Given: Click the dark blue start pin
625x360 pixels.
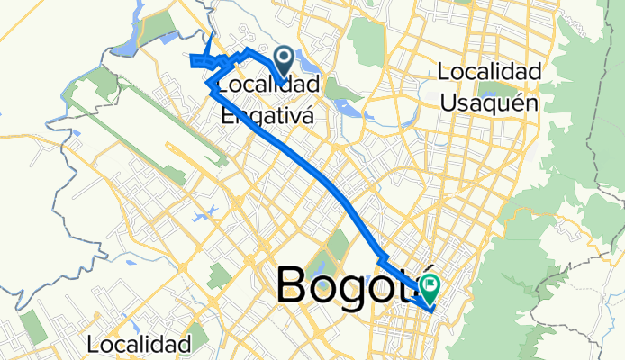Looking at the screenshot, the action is coord(283,61).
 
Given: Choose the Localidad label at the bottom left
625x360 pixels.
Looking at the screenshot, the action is coord(140,344).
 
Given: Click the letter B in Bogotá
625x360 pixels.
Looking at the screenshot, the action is coord(294,286).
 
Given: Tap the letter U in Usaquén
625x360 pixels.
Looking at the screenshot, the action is coord(448,102).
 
